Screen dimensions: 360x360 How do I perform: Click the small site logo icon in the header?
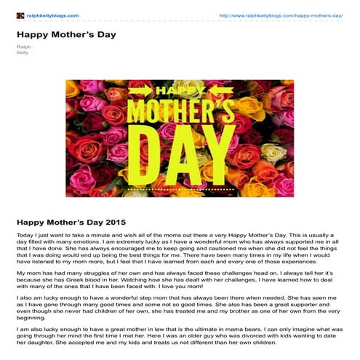coord(20,15)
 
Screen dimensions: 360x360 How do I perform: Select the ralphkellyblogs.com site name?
coord(52,15)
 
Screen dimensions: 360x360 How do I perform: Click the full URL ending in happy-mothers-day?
coord(280,15)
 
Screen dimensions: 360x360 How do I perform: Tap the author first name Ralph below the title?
coord(23,46)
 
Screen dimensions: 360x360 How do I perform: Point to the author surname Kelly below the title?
coord(22,52)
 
